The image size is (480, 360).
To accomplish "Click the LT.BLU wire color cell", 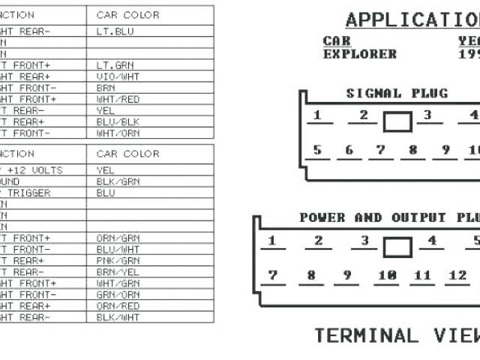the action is [115, 31].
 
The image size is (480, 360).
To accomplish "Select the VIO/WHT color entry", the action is [118, 76].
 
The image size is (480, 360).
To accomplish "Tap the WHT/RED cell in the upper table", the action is [118, 99].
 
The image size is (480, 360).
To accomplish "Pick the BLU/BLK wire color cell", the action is [118, 121].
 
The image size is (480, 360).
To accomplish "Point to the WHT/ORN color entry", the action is [118, 133].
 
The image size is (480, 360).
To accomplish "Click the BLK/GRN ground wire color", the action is [118, 181].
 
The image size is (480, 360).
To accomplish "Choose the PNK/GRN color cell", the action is [118, 260].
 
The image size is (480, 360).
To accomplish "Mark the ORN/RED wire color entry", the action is [118, 306].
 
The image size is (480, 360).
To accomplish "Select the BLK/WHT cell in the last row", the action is [118, 317].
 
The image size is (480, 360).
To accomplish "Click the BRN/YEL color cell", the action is [118, 271].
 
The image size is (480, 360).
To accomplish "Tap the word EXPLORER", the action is [359, 54].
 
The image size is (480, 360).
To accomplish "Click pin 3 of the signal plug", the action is [427, 115].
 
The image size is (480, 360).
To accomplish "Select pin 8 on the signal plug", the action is [412, 150].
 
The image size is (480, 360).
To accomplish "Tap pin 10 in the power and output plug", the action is [387, 275].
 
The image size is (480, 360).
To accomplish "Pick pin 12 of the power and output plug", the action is [457, 275].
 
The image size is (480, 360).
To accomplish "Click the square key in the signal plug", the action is [397, 121].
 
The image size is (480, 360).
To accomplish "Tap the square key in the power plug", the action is [397, 247].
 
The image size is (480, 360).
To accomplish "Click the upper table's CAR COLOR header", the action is [127, 15].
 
